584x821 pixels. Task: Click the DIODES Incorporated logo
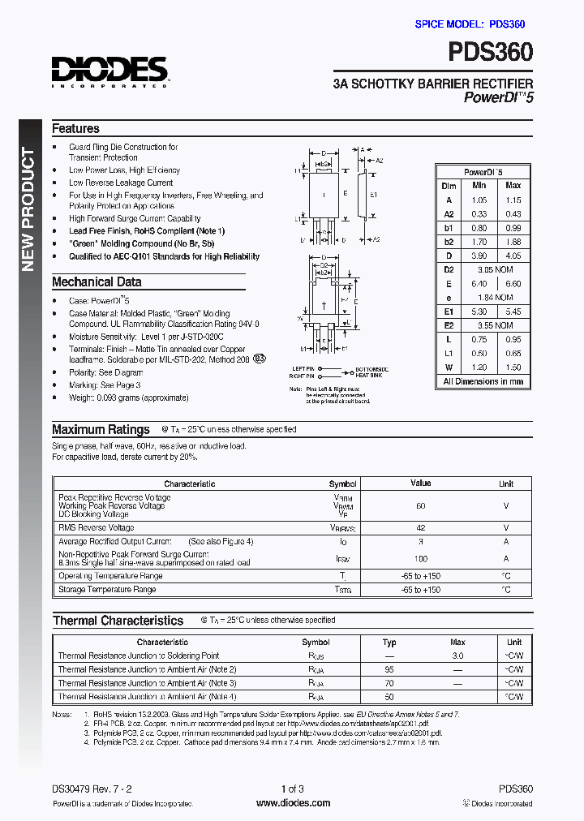coord(109,71)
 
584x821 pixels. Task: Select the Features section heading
coord(75,129)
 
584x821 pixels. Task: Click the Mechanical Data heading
coord(97,282)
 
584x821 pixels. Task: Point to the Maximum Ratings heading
coord(101,430)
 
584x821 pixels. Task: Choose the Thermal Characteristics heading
coord(118,621)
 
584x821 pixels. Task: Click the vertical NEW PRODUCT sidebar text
coord(29,209)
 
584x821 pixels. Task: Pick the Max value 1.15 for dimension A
coord(513,200)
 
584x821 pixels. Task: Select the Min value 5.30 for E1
coord(479,312)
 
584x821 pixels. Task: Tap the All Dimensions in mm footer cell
coord(483,381)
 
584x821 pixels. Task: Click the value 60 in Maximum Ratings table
coord(420,505)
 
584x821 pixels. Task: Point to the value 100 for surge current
coord(420,559)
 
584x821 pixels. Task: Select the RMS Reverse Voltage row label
coord(97,527)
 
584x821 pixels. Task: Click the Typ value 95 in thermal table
coord(389,669)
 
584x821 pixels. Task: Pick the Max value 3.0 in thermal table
coord(457,656)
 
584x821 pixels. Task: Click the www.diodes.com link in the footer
coord(293,803)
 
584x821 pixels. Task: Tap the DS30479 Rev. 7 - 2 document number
coord(91,789)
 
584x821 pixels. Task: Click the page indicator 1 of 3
coord(292,789)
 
